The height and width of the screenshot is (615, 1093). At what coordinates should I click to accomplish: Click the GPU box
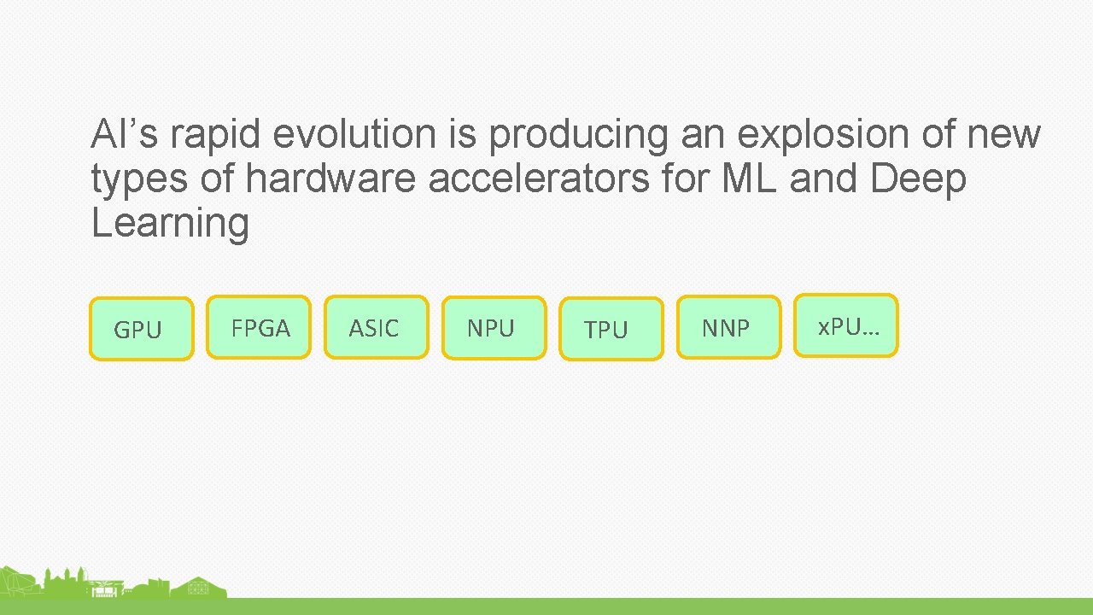(142, 329)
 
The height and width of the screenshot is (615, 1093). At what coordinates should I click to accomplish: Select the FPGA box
(259, 327)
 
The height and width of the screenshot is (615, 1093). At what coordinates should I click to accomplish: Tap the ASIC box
(376, 327)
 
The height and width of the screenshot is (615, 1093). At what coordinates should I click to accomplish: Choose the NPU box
(494, 328)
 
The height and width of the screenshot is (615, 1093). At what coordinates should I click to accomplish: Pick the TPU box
(611, 329)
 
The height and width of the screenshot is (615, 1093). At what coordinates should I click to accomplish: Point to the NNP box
(728, 327)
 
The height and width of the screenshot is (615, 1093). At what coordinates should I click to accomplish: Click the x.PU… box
(845, 325)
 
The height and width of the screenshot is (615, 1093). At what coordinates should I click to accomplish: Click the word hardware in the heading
(332, 179)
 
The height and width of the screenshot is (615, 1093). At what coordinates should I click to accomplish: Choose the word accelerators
(538, 179)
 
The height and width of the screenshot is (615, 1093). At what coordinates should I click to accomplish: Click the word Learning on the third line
(170, 225)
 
